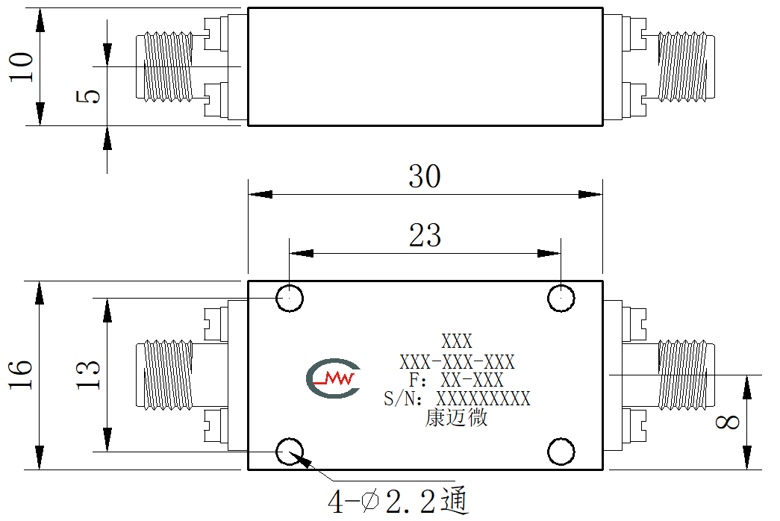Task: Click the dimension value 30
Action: click(x=424, y=176)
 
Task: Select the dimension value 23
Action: click(x=425, y=235)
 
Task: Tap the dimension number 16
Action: click(x=21, y=374)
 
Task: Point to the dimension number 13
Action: click(x=89, y=374)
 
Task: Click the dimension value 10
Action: click(x=22, y=66)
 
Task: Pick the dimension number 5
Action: click(x=89, y=96)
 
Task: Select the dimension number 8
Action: click(x=727, y=422)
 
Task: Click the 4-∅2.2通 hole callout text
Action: click(x=398, y=501)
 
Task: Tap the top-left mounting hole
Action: click(x=290, y=298)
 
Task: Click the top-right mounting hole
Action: click(x=561, y=298)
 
